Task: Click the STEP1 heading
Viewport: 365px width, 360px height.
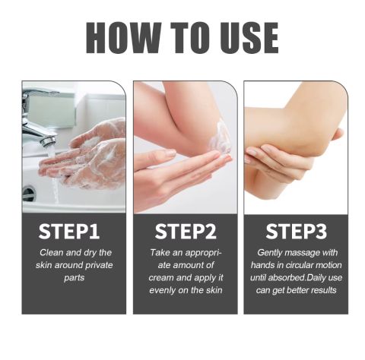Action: pos(69,231)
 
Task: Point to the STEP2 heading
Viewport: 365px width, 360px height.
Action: pos(186,231)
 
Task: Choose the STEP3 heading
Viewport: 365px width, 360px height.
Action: pos(297,231)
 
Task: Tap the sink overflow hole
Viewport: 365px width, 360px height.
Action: pos(28,194)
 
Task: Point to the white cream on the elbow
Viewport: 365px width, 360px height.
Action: pos(220,138)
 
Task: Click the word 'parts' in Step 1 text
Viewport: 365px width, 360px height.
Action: pos(74,278)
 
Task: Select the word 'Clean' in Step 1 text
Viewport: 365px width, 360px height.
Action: pos(52,252)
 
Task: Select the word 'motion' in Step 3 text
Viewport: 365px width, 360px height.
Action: pos(330,265)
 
